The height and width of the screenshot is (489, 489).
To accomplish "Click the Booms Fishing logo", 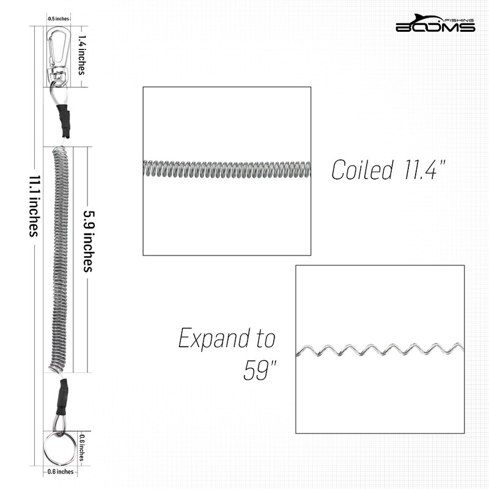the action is coord(435,23).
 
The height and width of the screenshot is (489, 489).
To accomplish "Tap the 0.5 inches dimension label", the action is coord(58,19).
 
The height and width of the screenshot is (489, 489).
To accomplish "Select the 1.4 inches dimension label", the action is coord(81,55).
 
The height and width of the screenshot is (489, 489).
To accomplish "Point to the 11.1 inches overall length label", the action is coord(35,206).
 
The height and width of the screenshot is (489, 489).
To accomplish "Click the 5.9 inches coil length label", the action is coord(89,241).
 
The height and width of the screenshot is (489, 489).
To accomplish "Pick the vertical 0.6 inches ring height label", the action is coord(81,448).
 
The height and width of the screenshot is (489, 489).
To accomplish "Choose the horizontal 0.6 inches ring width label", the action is coord(61,471).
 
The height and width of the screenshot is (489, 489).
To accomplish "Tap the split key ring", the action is coord(59,448).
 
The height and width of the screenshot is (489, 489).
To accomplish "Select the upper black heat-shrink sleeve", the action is coord(64,120).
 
